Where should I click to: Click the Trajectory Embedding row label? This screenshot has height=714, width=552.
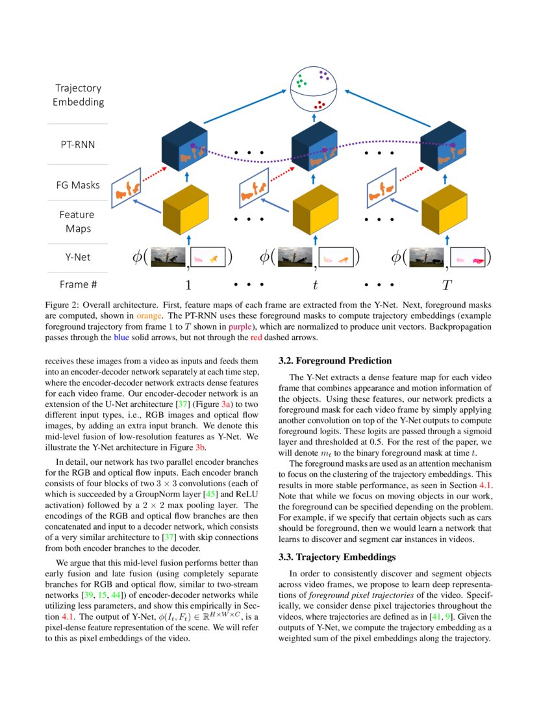(x=78, y=95)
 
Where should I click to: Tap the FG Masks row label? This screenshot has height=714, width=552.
(x=78, y=185)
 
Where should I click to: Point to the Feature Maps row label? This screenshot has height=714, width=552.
(x=77, y=221)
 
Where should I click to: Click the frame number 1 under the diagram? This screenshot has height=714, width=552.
(x=188, y=284)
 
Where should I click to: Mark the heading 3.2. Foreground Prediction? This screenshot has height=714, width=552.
(x=334, y=361)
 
